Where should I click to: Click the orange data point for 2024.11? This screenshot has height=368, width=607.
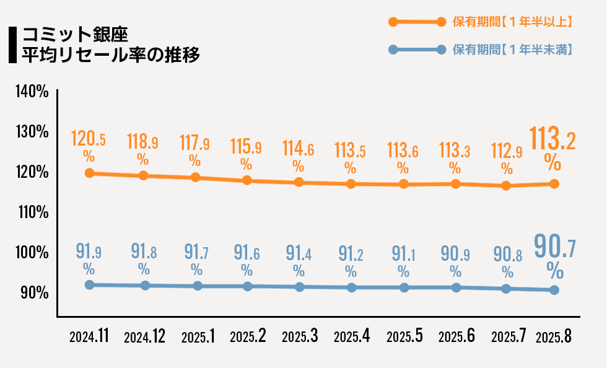(89, 173)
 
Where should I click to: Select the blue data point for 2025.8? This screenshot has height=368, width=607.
(554, 290)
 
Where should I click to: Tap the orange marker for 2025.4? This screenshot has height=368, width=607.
(351, 184)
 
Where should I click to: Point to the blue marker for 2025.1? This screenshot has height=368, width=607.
(198, 286)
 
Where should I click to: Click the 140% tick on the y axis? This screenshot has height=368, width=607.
(32, 92)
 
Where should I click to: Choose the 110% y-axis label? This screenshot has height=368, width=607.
(33, 212)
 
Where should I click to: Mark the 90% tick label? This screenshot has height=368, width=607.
(35, 293)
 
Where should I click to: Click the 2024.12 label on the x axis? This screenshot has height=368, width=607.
(144, 336)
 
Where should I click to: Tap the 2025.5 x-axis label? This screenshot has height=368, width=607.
(404, 336)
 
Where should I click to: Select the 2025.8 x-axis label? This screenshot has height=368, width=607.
(554, 336)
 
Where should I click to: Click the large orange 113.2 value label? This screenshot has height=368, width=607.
(552, 138)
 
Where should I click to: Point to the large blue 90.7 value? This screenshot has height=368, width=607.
(555, 246)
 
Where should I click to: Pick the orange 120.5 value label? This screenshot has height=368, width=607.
(88, 138)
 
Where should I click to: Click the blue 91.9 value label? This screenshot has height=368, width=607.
(89, 251)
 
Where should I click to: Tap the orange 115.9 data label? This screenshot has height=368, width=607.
(246, 146)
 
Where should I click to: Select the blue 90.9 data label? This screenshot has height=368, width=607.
(455, 254)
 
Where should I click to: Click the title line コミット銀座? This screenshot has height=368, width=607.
(75, 35)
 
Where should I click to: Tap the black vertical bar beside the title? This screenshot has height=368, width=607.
(13, 45)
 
